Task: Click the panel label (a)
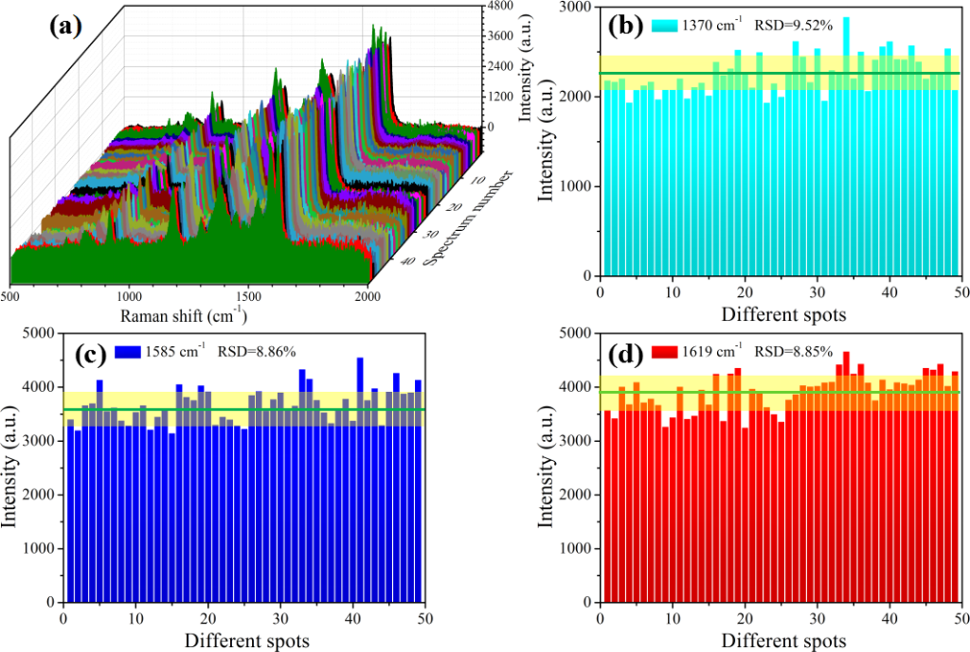pyautogui.click(x=65, y=26)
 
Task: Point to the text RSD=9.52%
pyautogui.click(x=794, y=26)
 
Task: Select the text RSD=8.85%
pyautogui.click(x=794, y=351)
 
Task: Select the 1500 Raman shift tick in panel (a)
pyautogui.click(x=248, y=295)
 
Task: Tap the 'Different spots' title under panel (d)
pyautogui.click(x=781, y=642)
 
